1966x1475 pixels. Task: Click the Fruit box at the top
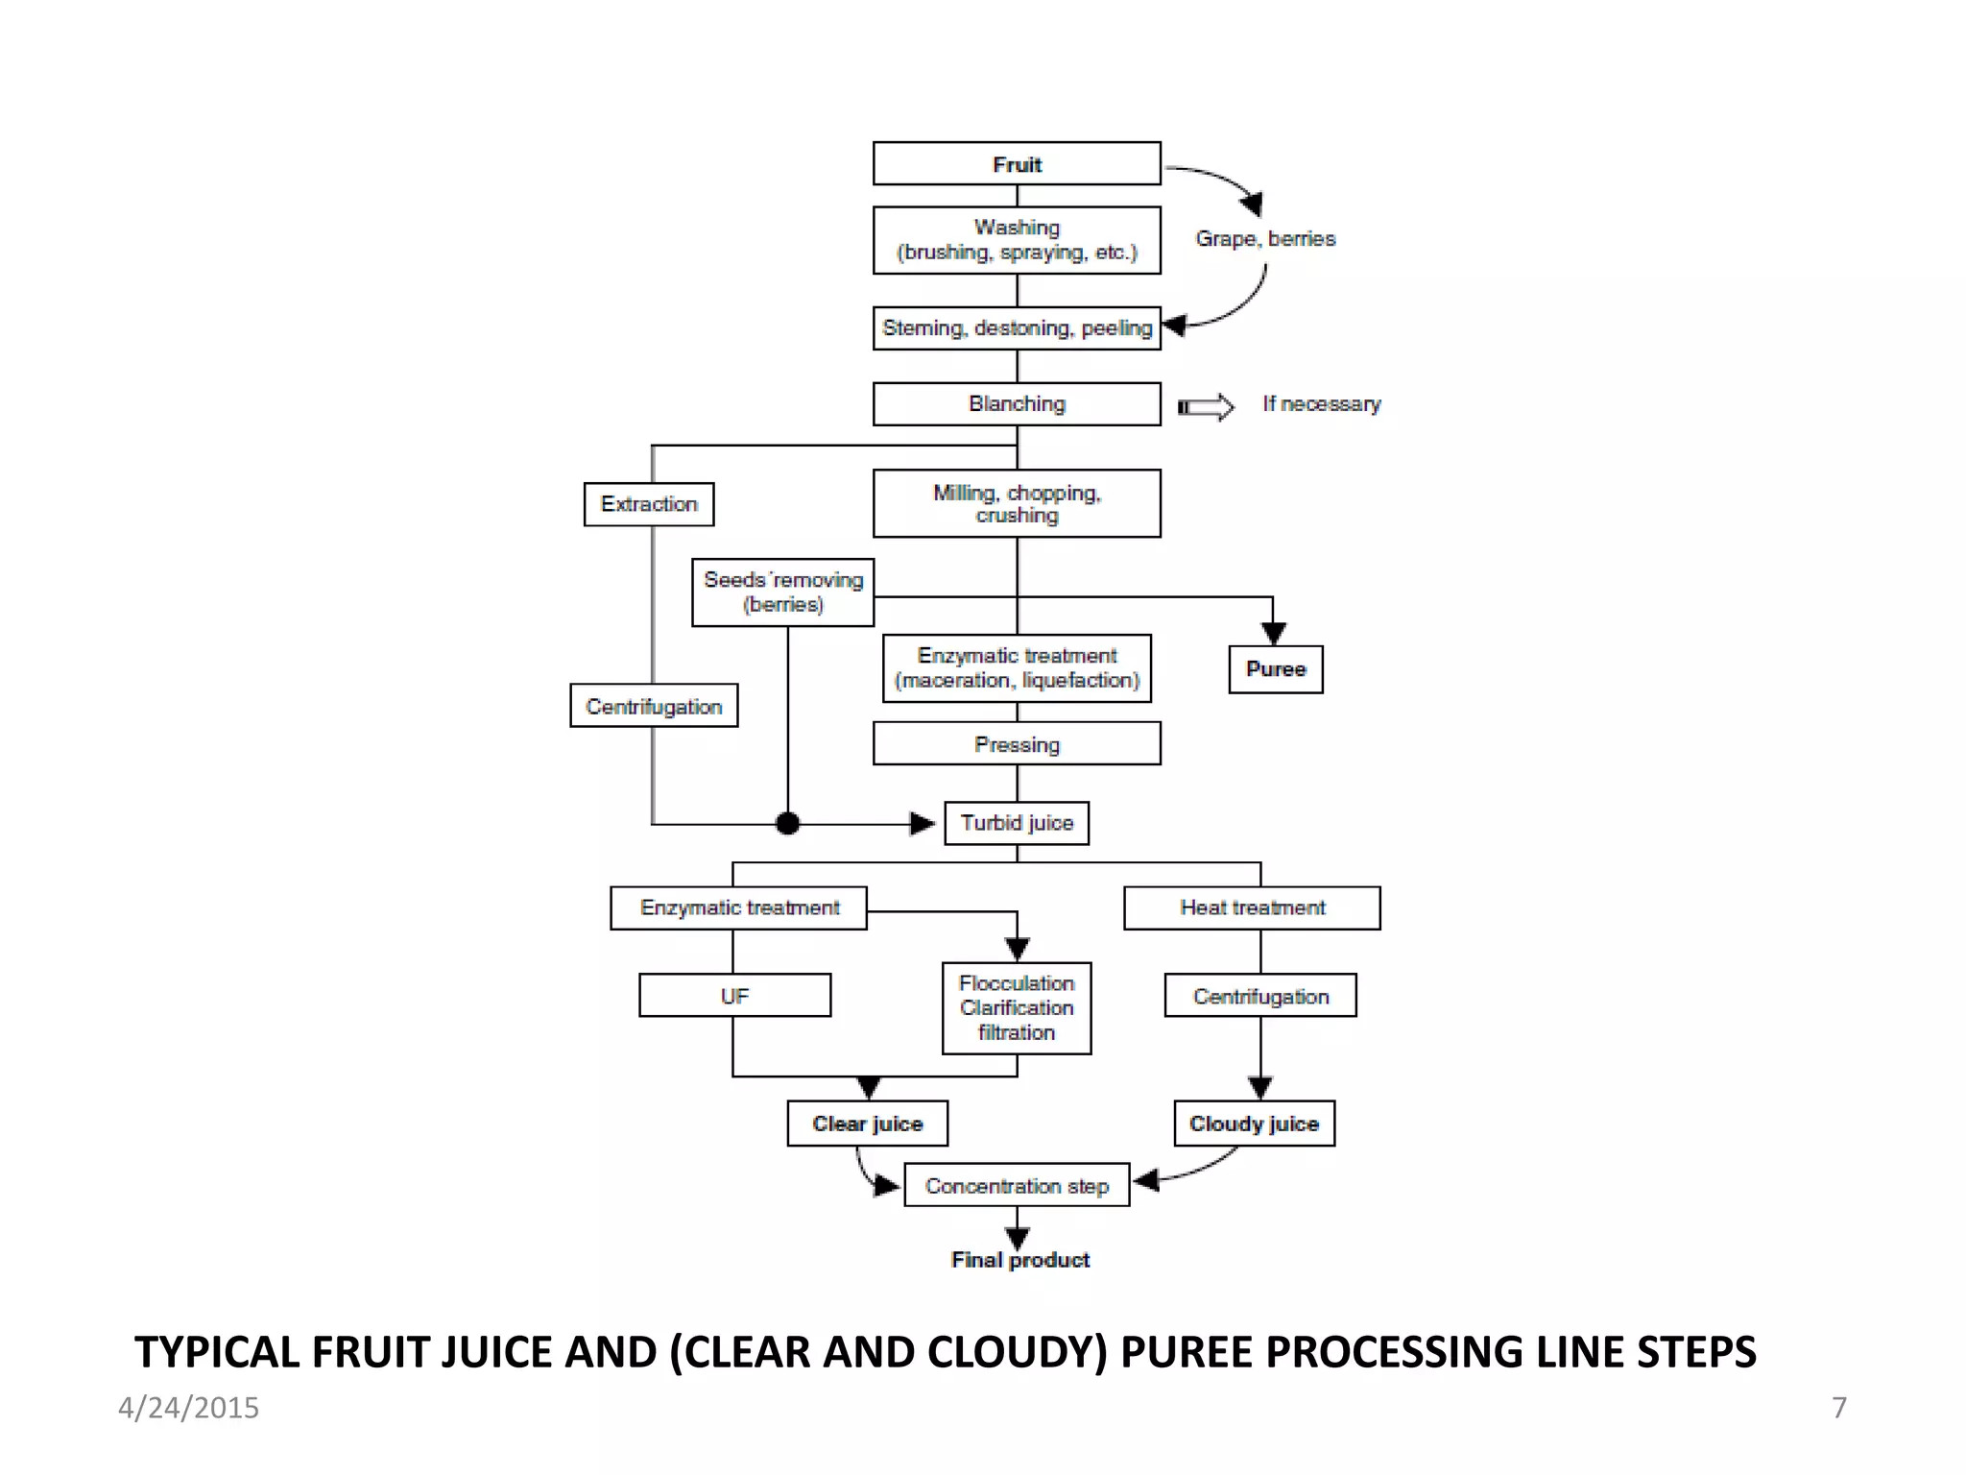pos(1017,163)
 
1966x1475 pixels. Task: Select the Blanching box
pos(1017,403)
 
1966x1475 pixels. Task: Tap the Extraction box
pos(649,504)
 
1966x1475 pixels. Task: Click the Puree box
pos(1276,669)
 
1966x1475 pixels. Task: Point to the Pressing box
pos(1017,744)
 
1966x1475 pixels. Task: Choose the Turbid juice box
pos(1017,823)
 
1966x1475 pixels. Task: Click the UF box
pos(734,996)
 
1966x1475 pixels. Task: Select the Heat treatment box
pos(1252,907)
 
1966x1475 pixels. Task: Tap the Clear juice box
pos(867,1124)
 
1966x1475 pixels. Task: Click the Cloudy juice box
pos(1254,1124)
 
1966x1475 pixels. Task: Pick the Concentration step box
pos(1017,1186)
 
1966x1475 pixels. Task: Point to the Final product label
pos(1020,1260)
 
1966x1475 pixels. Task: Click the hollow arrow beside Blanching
pos(1206,407)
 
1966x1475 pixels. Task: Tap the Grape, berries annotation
pos(1265,238)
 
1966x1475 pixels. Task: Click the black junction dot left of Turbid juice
pos(787,823)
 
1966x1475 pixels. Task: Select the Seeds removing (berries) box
pos(782,592)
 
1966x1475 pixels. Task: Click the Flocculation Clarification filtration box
pos(1017,1008)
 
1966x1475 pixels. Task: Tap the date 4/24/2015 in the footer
pos(188,1408)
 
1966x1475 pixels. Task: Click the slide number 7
pos(1838,1408)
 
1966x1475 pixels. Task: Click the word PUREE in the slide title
pos(1186,1352)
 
